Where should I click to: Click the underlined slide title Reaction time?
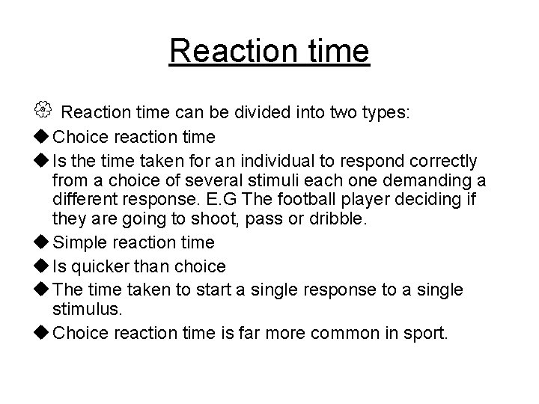coord(269,52)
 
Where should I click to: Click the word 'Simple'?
coord(83,242)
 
